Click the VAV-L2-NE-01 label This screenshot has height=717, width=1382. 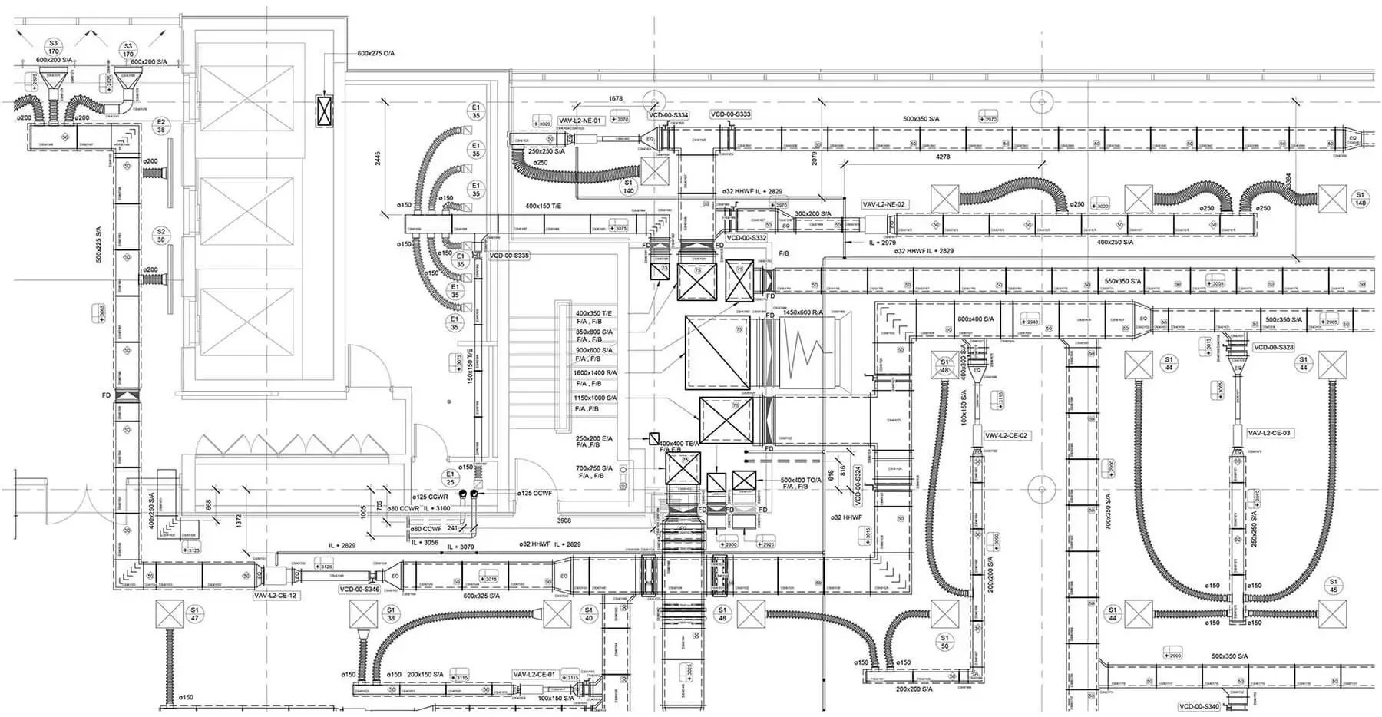point(580,121)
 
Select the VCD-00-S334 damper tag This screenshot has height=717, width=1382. point(668,115)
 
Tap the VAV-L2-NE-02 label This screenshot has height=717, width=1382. point(884,205)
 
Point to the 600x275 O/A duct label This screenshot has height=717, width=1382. point(375,54)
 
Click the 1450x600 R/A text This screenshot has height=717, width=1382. point(803,313)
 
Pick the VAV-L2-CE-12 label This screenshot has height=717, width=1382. point(276,596)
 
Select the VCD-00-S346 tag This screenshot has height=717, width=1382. point(359,590)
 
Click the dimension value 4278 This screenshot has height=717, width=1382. point(942,157)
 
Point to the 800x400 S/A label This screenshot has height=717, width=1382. point(975,319)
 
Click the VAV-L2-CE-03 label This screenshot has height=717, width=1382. point(1268,433)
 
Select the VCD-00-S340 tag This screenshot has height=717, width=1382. point(1199,706)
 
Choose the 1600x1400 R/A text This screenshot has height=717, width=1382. point(595,372)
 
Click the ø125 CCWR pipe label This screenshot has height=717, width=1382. point(429,497)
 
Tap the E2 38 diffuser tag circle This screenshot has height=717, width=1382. point(161,126)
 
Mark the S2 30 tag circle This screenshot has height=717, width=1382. point(160,235)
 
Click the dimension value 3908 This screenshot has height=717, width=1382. point(564,520)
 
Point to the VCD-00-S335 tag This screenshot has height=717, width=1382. point(508,255)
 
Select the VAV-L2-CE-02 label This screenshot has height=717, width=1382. point(1006,435)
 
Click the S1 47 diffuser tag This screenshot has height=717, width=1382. point(195,613)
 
